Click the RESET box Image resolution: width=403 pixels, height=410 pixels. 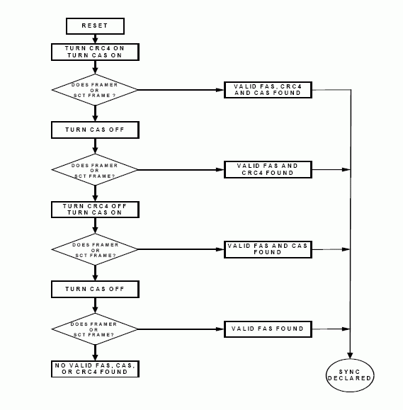coord(95,26)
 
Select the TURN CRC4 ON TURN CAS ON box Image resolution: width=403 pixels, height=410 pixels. coord(95,52)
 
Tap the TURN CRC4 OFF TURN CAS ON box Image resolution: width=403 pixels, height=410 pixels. coord(95,210)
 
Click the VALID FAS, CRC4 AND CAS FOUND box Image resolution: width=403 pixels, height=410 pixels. coord(268,90)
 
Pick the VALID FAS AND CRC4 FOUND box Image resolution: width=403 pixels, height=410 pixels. coord(268,169)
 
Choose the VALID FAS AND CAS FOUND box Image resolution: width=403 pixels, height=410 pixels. coord(268,249)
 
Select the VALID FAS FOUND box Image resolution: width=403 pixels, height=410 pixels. coord(268,329)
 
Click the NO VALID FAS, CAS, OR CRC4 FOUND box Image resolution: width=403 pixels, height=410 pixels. coord(95,368)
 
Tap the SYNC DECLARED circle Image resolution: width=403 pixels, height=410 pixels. coord(350,374)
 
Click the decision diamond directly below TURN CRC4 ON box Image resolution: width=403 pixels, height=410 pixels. coord(95,90)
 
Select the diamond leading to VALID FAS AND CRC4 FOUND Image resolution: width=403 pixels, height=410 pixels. coord(95,170)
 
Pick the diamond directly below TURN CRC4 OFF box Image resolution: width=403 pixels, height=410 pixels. coord(95,249)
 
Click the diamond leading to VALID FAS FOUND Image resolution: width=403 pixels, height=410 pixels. coord(95,329)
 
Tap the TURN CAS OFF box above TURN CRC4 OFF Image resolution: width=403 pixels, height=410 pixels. coord(95,130)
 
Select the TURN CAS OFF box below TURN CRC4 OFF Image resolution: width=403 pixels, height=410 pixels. coord(95,289)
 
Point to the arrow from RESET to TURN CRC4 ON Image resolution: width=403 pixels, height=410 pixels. coord(95,39)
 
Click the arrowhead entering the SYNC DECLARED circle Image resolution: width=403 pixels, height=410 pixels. coord(350,355)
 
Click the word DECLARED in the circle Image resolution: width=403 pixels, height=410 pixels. coord(350,378)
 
